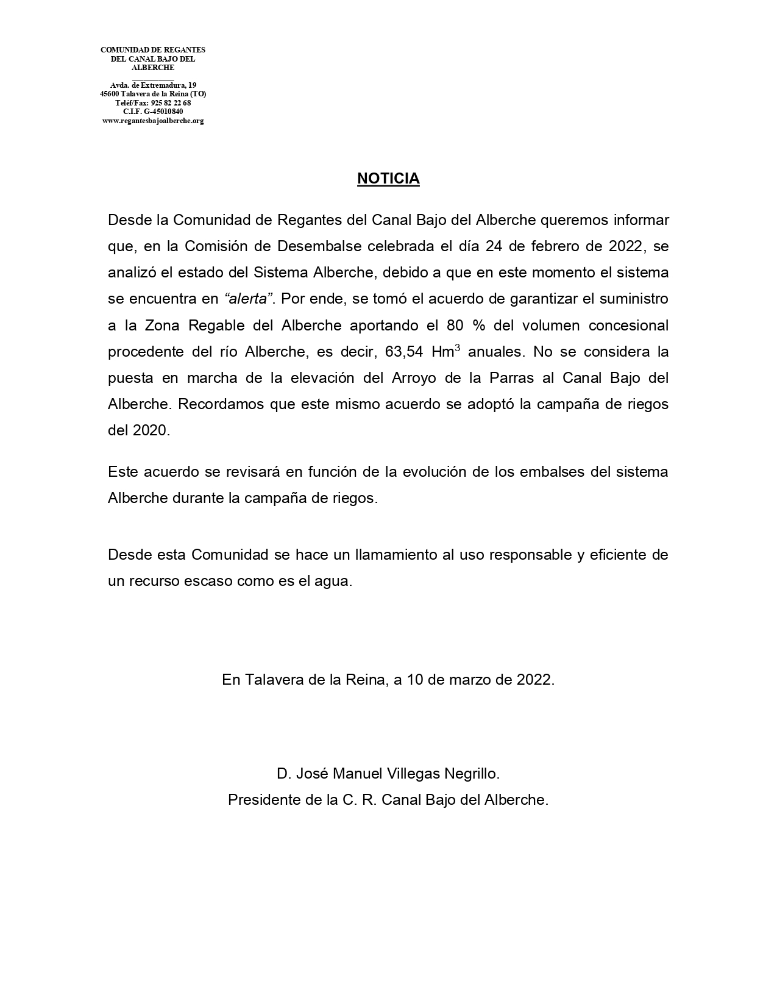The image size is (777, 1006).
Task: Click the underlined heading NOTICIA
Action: tap(388, 179)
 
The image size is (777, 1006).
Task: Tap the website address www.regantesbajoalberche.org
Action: tap(153, 121)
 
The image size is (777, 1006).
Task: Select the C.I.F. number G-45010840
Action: tap(163, 112)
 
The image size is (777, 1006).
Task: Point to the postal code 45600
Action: tap(110, 94)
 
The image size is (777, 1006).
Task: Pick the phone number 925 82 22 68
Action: tap(171, 103)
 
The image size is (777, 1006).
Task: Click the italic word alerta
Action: tap(249, 299)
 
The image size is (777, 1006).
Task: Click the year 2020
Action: tap(149, 430)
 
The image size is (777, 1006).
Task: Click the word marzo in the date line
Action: tap(469, 680)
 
